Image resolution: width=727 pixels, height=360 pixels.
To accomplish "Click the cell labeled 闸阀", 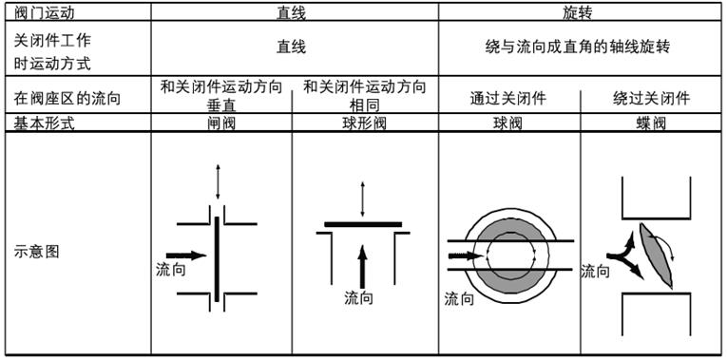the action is point(221,123).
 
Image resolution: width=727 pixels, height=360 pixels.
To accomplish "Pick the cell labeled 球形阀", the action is point(364,123).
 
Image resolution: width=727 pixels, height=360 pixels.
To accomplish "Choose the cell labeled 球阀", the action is point(508,123).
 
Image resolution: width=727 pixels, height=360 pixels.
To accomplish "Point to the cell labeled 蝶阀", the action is point(651,123).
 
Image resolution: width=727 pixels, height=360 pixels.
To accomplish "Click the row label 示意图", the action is point(37,252).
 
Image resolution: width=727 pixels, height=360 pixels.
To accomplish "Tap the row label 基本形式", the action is point(45,123).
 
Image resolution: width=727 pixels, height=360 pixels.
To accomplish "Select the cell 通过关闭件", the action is point(508,98).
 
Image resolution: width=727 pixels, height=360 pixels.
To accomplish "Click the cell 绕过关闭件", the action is point(651,98).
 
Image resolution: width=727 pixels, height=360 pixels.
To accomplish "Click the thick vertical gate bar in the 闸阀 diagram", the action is point(217,259).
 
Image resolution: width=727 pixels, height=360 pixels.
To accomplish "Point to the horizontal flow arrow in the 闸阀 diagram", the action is point(186,256).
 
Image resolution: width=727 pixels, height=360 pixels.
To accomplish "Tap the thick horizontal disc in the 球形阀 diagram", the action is point(363,224).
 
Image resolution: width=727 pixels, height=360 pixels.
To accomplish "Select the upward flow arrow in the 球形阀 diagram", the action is point(363,268).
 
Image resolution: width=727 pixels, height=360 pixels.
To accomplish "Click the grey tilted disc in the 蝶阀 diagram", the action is point(655,255).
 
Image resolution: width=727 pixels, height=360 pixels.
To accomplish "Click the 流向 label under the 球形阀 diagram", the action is point(358,298).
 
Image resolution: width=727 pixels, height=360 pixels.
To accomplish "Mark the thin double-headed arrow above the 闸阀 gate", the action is point(218,181).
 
